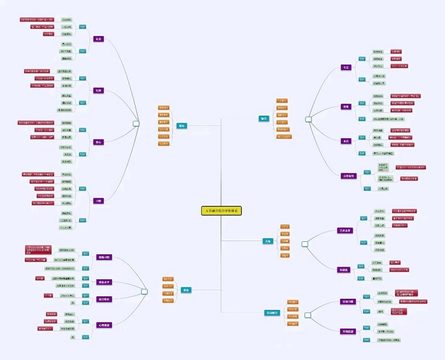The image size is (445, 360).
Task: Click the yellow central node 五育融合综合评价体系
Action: (221, 211)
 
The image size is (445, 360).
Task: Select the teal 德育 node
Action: (181, 126)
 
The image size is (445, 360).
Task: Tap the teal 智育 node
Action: (264, 119)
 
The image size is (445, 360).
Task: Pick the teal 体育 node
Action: (186, 290)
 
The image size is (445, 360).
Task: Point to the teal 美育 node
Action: (268, 241)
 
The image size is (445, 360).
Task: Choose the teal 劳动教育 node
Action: (271, 313)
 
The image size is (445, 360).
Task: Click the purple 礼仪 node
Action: (98, 39)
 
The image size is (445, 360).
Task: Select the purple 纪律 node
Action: (98, 90)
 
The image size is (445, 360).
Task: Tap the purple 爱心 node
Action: (98, 142)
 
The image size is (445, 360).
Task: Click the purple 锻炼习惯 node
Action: (104, 258)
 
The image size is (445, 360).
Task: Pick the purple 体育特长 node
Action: (104, 299)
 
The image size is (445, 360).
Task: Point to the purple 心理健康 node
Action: (104, 324)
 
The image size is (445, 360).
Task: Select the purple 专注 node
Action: (346, 67)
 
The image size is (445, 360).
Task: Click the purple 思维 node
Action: (346, 106)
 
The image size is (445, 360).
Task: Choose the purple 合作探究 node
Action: (348, 176)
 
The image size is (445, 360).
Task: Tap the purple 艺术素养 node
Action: (346, 230)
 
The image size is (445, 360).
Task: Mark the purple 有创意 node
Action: (344, 270)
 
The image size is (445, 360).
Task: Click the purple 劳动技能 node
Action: (347, 332)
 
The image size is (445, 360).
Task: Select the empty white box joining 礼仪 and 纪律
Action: (136, 124)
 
